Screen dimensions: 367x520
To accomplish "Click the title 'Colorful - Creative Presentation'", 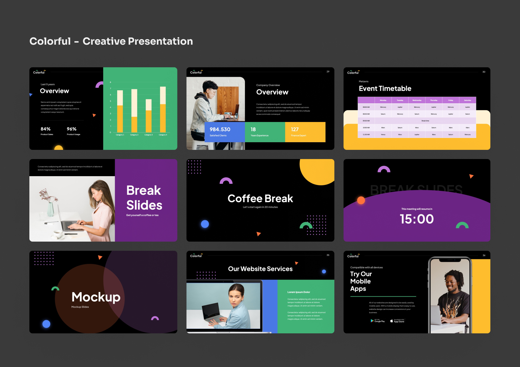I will [x=111, y=41].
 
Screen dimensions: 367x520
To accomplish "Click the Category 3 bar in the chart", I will [x=149, y=116].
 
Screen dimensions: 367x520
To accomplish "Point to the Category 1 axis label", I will [x=120, y=135].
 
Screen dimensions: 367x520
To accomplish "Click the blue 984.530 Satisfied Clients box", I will [x=225, y=132].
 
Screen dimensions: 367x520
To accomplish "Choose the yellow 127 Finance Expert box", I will [x=305, y=132].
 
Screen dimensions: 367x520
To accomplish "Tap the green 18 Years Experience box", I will [x=265, y=132].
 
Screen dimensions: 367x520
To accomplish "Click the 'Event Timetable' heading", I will [x=385, y=89].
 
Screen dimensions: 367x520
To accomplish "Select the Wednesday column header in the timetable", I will [x=417, y=100].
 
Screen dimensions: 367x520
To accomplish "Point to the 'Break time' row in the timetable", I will [x=425, y=121].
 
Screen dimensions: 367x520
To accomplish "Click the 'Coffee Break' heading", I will [x=260, y=199].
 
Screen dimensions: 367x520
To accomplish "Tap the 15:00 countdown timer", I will [x=417, y=219].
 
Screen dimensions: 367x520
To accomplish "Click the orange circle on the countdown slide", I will [x=361, y=200].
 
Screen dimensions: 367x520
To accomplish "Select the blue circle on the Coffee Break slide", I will [x=205, y=224].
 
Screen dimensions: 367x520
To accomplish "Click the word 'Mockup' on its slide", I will [x=96, y=297].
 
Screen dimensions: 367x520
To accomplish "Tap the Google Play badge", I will [x=378, y=321].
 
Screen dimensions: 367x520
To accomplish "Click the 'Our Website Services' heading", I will [x=260, y=269].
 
